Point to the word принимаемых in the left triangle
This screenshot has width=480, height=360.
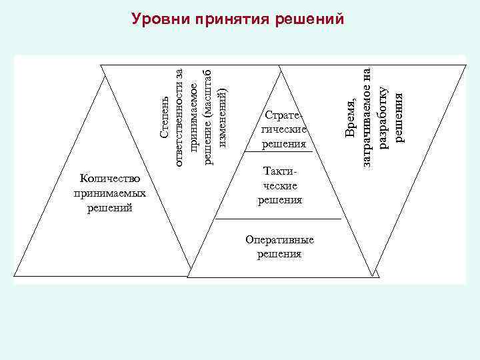pyautogui.click(x=109, y=193)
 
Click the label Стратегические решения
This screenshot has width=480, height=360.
pyautogui.click(x=283, y=129)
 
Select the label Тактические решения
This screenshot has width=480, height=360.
pyautogui.click(x=280, y=185)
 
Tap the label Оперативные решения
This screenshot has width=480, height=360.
pyautogui.click(x=279, y=247)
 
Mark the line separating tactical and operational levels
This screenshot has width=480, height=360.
pyautogui.click(x=279, y=219)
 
